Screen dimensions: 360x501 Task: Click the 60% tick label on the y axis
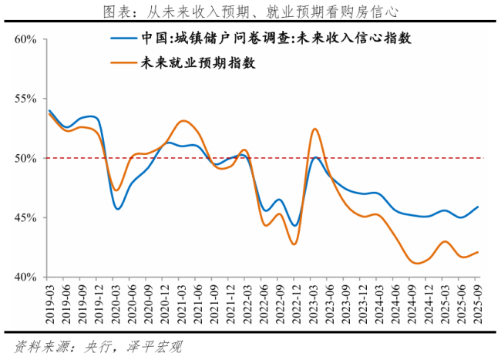click(x=25, y=39)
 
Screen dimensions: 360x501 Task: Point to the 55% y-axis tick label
click(x=25, y=99)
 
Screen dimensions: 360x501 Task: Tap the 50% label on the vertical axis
click(x=25, y=158)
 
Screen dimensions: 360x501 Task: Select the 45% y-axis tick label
click(x=25, y=217)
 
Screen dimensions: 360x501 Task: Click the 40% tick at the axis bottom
click(x=25, y=277)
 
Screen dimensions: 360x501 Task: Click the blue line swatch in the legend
click(x=123, y=39)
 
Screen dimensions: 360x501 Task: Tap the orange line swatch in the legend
click(x=123, y=64)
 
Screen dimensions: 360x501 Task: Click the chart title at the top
click(x=250, y=11)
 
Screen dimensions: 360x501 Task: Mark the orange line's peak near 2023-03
click(x=314, y=129)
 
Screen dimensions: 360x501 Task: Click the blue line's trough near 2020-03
click(x=118, y=208)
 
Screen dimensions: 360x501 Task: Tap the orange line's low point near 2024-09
click(x=416, y=263)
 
